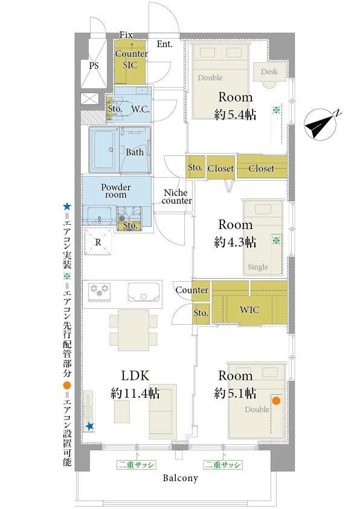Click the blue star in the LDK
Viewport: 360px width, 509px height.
[90, 426]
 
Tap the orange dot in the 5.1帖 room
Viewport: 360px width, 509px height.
[276, 401]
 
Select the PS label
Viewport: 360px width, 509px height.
[94, 66]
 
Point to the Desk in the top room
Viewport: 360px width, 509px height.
[269, 71]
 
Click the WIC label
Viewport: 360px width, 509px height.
[249, 310]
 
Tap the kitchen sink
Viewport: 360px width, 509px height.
[144, 292]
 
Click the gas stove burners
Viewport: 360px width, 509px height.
[99, 291]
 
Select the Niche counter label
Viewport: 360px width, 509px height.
[177, 196]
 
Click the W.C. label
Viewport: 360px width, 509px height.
[140, 109]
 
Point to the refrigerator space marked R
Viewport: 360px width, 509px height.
[98, 242]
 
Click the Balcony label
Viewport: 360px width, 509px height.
[181, 478]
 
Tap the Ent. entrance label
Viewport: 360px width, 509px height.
[165, 44]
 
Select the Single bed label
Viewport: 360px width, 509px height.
[258, 267]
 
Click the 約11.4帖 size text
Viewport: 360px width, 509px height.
[135, 394]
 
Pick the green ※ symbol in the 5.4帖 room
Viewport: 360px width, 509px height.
[276, 111]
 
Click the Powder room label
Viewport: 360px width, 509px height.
[116, 191]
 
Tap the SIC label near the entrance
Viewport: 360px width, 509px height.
[130, 65]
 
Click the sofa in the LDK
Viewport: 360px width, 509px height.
[163, 411]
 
